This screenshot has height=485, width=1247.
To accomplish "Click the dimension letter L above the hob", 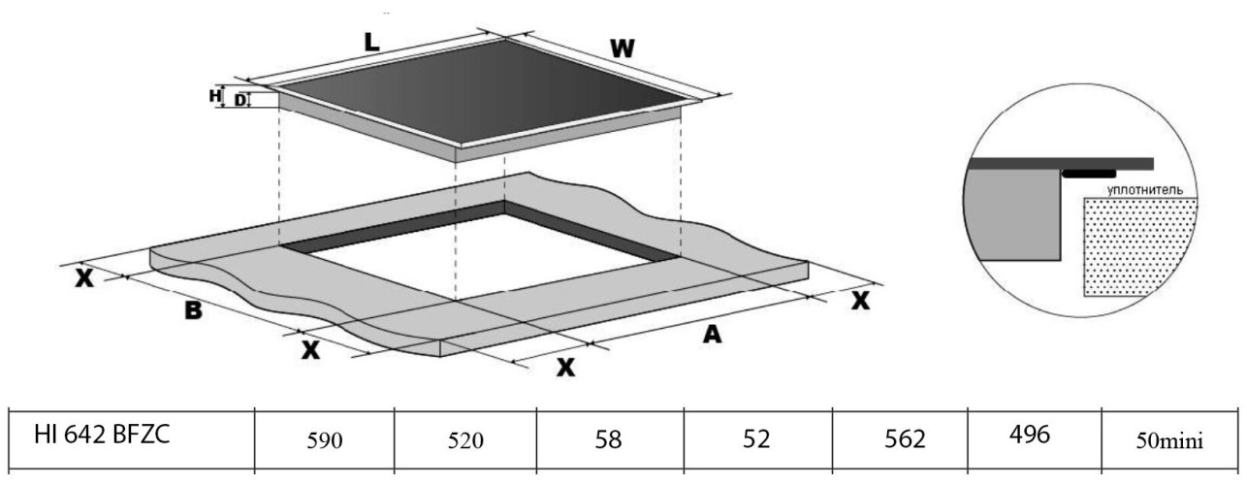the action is coord(371,43).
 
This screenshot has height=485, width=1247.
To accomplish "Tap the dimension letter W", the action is coord(622,48).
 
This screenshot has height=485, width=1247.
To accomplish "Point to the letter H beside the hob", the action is coord(215,96).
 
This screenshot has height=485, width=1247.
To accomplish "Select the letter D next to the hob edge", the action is coord(240,100).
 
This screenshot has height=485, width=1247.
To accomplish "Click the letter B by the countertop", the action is coord(193,310).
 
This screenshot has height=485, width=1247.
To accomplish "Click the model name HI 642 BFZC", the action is coord(102,435).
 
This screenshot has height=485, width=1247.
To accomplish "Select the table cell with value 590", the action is coord(325,441).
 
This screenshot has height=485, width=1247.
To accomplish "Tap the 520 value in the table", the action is coord(465,441).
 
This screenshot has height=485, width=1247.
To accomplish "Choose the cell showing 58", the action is coord(608,439).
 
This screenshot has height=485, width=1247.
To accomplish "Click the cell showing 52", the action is coord(756,439).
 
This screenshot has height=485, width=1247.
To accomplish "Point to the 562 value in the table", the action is coord(905,439).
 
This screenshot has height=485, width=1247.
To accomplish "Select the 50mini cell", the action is coord(1169,441).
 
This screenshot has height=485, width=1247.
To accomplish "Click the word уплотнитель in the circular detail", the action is coord(1144,190).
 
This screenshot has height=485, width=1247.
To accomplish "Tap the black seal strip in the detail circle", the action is coord(1089,174).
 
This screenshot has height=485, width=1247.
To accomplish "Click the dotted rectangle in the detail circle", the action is coord(1139,246).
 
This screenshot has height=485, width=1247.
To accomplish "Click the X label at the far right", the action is coord(860,301).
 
